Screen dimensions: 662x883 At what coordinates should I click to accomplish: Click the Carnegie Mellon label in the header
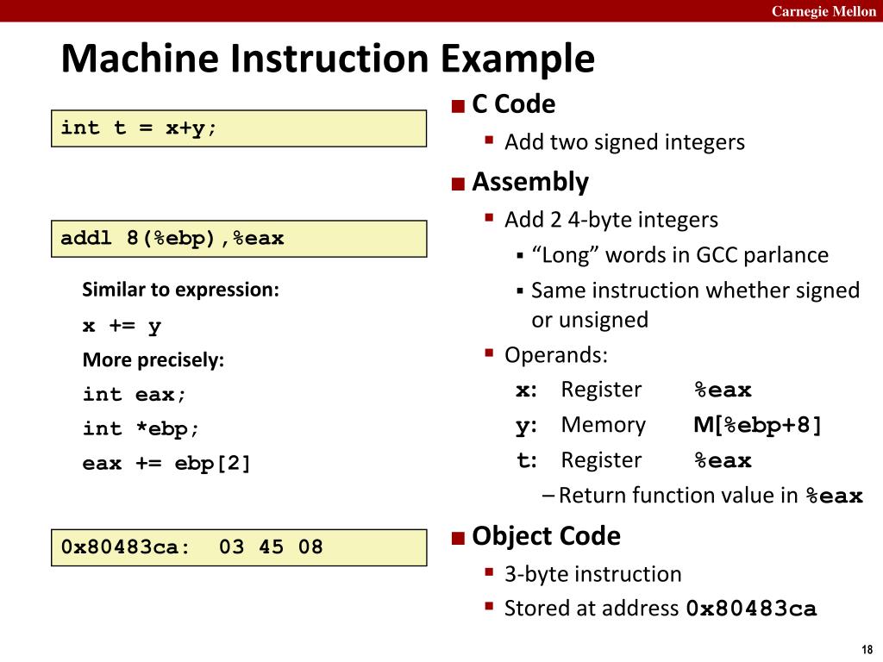pyautogui.click(x=824, y=10)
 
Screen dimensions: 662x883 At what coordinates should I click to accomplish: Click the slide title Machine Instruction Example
pyautogui.click(x=328, y=59)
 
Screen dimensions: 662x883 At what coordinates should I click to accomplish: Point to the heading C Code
pyautogui.click(x=513, y=104)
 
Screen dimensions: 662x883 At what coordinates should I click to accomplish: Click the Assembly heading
pyautogui.click(x=529, y=182)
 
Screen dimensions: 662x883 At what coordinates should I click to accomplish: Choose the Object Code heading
pyautogui.click(x=546, y=536)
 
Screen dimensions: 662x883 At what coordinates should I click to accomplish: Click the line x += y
pyautogui.click(x=122, y=326)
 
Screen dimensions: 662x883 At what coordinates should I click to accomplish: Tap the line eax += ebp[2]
pyautogui.click(x=166, y=464)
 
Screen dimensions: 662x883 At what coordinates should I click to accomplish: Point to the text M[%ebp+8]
pyautogui.click(x=758, y=425)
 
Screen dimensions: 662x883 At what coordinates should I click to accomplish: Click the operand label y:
pyautogui.click(x=526, y=425)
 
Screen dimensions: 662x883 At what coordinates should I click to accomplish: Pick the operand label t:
pyautogui.click(x=526, y=460)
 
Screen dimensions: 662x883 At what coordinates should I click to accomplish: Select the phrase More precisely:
pyautogui.click(x=153, y=360)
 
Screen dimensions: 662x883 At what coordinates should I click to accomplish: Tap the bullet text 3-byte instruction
pyautogui.click(x=592, y=573)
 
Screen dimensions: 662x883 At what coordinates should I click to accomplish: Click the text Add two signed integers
pyautogui.click(x=624, y=141)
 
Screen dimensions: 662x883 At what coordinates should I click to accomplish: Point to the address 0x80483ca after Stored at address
pyautogui.click(x=751, y=609)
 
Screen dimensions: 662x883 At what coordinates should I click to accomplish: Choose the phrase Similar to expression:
pyautogui.click(x=180, y=290)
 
